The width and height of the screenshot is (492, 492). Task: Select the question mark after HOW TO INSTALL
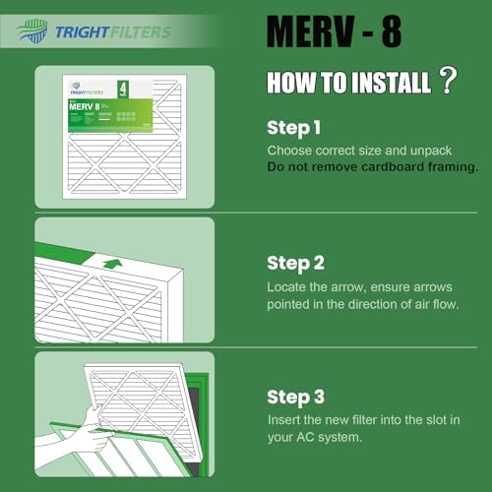coord(448,81)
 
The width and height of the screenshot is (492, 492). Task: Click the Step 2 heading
coord(296,263)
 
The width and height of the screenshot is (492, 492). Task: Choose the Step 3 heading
coord(296,398)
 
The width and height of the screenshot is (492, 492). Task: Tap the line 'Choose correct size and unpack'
coord(358,150)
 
